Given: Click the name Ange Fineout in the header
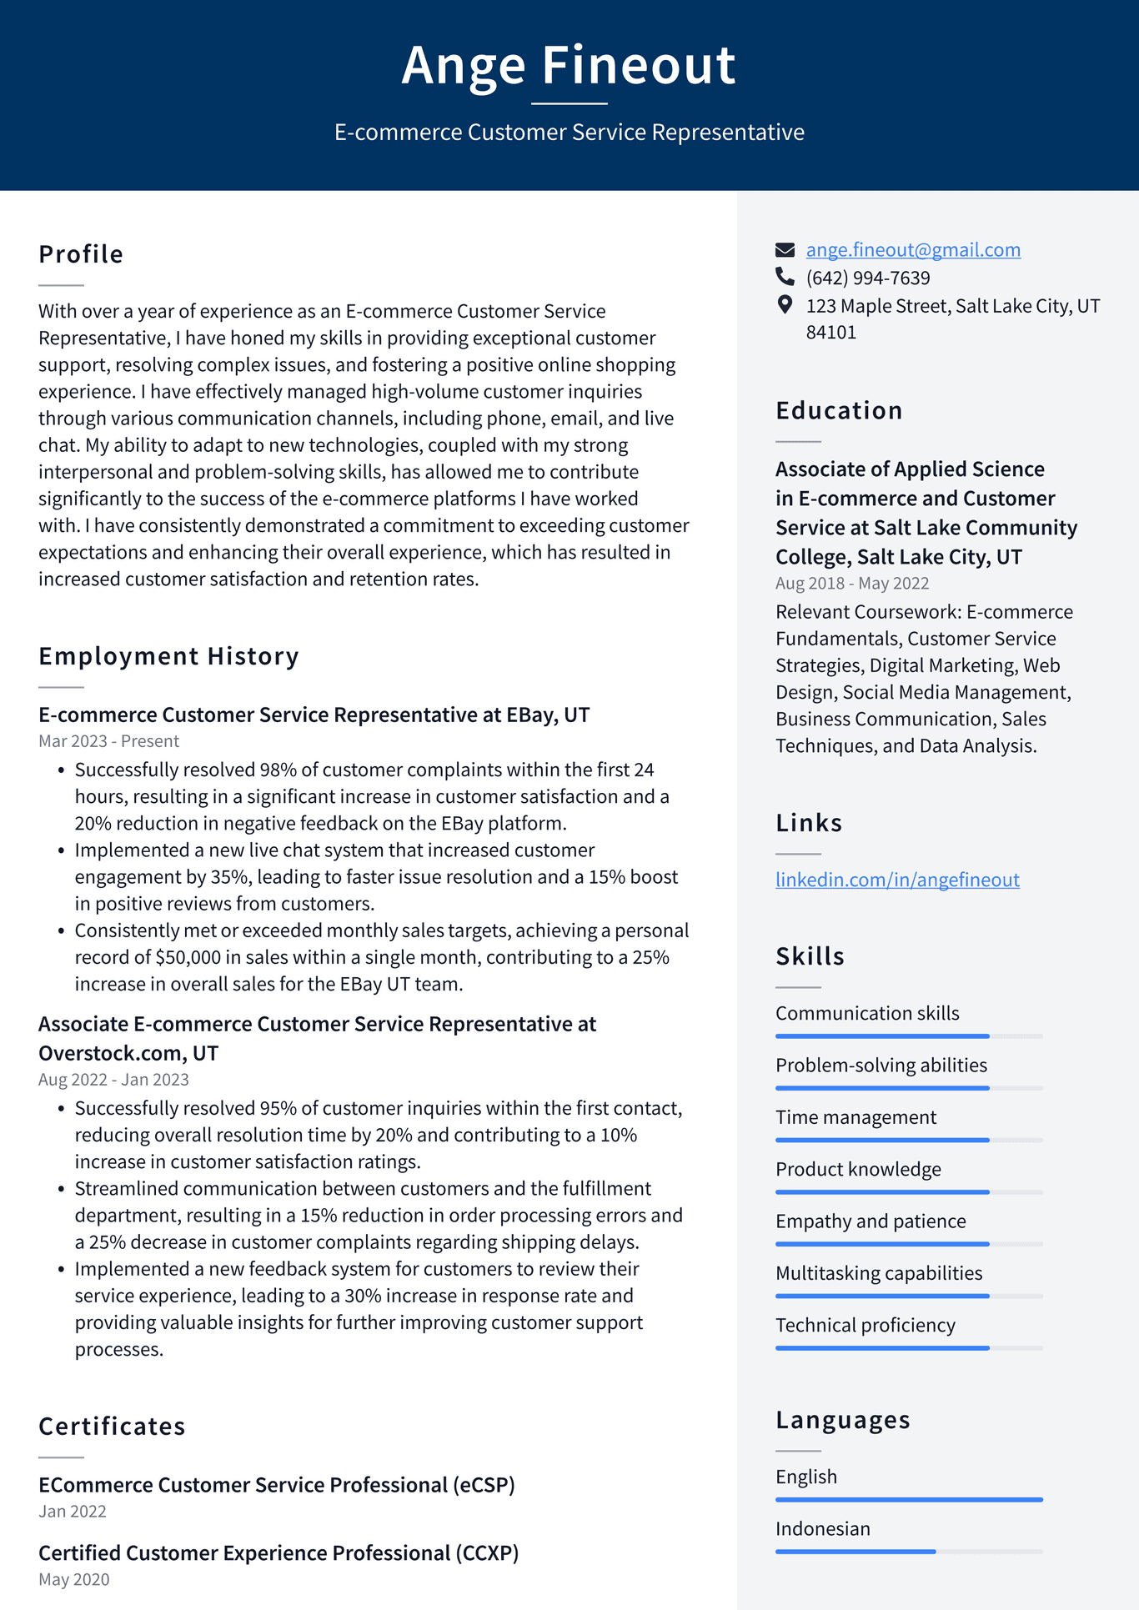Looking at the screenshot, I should tap(569, 65).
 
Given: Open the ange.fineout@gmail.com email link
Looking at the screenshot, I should tap(913, 249).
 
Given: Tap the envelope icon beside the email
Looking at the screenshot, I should tap(785, 249).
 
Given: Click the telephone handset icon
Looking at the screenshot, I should tap(785, 276).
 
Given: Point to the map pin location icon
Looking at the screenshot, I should tap(785, 304).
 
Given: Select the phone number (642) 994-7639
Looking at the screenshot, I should tap(867, 278).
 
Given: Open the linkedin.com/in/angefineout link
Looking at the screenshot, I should tap(897, 880).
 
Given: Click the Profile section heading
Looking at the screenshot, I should tap(81, 254).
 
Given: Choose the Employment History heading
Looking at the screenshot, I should tap(168, 656).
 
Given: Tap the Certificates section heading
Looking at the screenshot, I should tap(112, 1427).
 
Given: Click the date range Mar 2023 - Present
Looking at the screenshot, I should tap(108, 741).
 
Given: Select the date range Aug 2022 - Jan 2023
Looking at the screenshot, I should tap(113, 1080).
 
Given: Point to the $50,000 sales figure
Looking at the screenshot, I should tap(188, 957).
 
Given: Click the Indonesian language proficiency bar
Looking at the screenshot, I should tap(909, 1552).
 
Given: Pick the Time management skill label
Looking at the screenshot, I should tap(856, 1117).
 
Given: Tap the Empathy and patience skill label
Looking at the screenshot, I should tap(871, 1221).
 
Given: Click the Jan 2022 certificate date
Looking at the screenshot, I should tap(73, 1512).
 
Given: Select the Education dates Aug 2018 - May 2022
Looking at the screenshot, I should tap(852, 584).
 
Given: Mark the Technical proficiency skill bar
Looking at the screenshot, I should tap(909, 1348).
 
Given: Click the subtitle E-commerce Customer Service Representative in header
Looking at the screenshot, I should tap(569, 133).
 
